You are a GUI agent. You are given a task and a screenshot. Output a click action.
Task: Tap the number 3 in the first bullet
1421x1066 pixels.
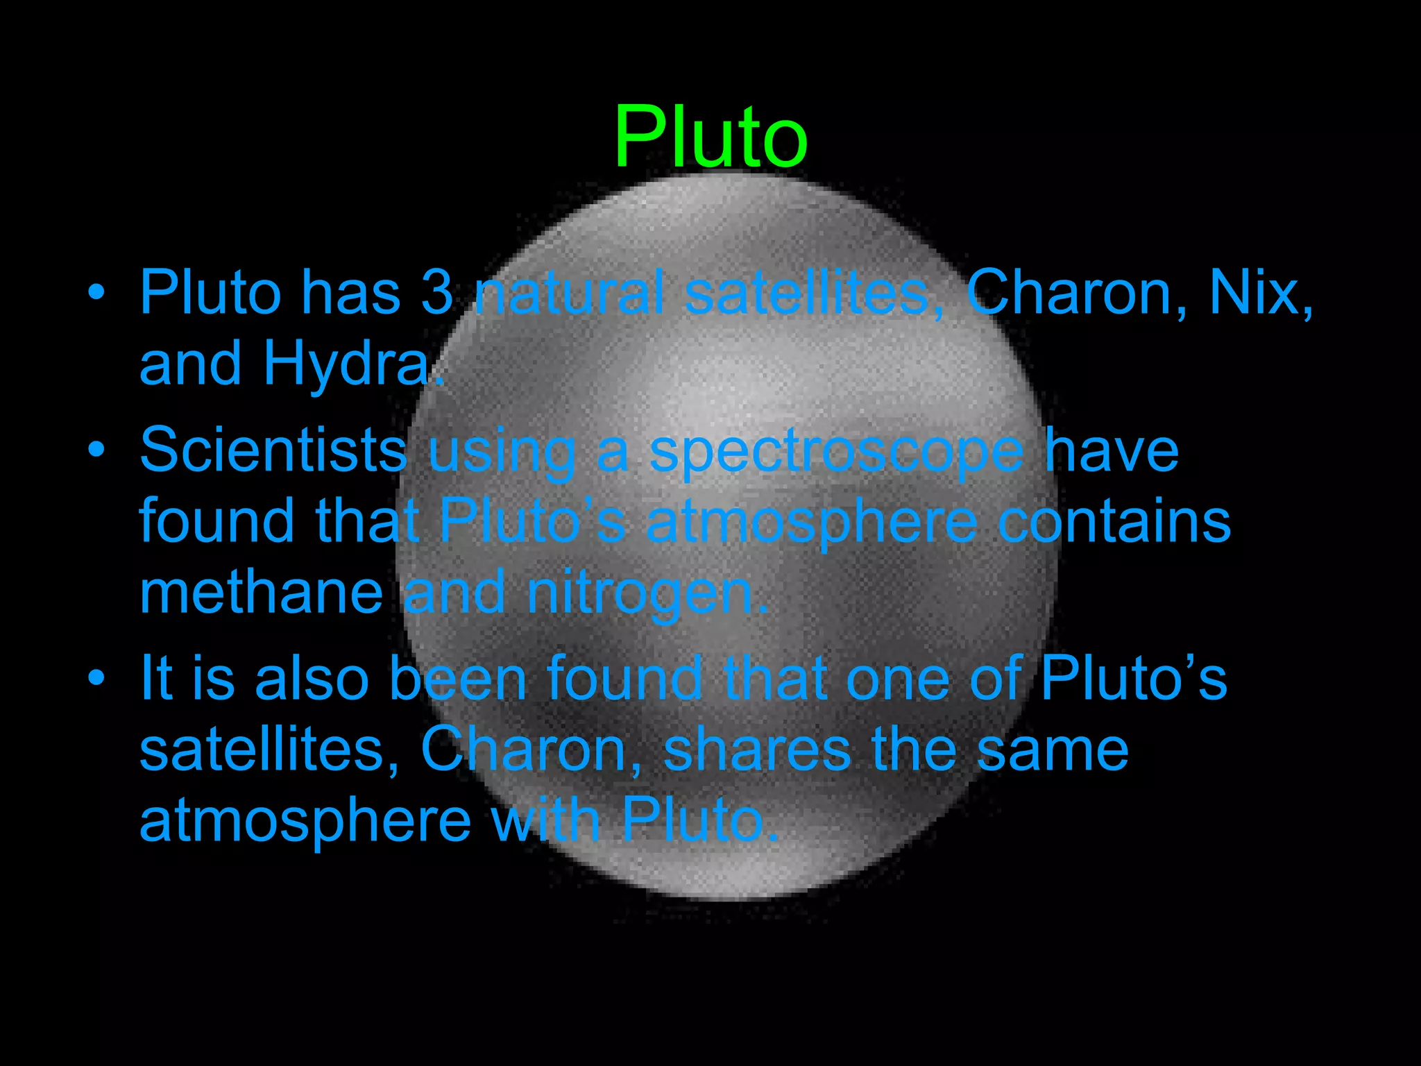(436, 293)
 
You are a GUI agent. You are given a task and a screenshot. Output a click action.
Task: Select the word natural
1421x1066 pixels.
(570, 293)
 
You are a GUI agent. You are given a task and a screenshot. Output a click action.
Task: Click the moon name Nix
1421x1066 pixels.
(1260, 293)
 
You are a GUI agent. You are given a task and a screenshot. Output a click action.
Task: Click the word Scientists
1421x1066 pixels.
(273, 450)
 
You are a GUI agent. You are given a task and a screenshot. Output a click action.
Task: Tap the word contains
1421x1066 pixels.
(1114, 521)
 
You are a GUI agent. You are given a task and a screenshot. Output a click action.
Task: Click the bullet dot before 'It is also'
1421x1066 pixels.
(96, 676)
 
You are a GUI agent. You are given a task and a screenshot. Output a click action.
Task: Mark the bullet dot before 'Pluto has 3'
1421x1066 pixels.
(96, 291)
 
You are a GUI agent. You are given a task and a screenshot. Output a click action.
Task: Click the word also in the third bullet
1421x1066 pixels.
(312, 678)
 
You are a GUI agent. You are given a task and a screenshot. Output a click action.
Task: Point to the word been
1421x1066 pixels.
(458, 678)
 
